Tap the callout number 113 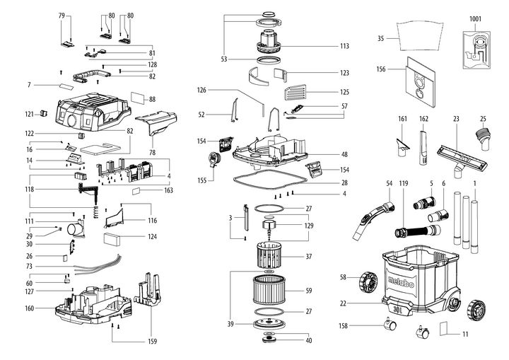[x=344, y=46]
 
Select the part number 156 [x=380, y=69]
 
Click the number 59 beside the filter [x=308, y=290]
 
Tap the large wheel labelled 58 [x=370, y=281]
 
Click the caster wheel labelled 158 [x=390, y=325]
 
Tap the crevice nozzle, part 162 [x=424, y=146]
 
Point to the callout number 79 [x=62, y=15]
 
